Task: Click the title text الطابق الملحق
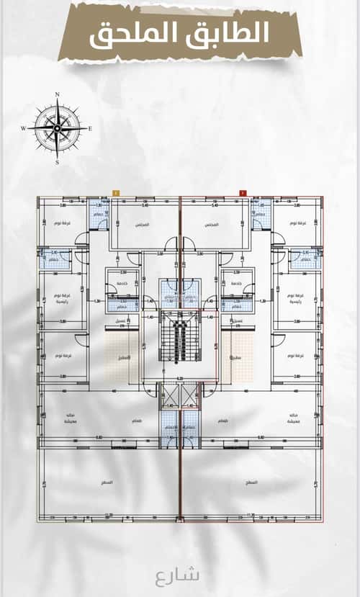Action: click(179, 33)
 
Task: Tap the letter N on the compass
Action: click(57, 94)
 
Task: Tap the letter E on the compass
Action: click(90, 128)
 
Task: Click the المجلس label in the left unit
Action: click(142, 224)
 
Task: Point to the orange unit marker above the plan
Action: click(115, 193)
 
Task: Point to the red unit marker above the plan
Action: click(242, 193)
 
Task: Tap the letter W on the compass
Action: click(23, 128)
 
